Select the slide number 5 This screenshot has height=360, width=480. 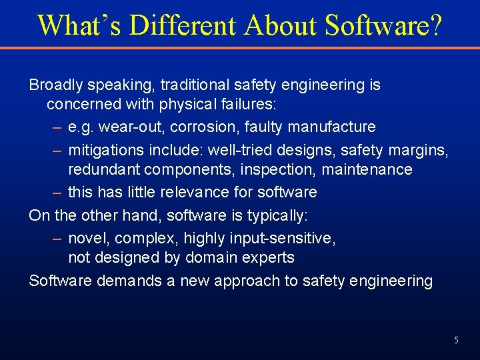tap(456, 340)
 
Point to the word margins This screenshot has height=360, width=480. tap(419, 149)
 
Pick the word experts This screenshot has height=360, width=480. tap(271, 257)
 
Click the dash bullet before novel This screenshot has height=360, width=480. tap(57, 238)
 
